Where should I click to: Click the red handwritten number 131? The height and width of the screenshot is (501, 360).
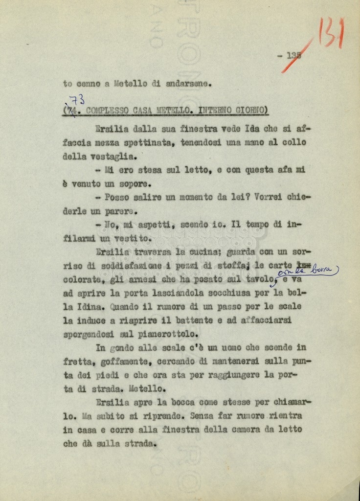(x=331, y=33)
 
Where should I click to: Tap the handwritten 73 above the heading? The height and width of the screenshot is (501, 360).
(x=76, y=100)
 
